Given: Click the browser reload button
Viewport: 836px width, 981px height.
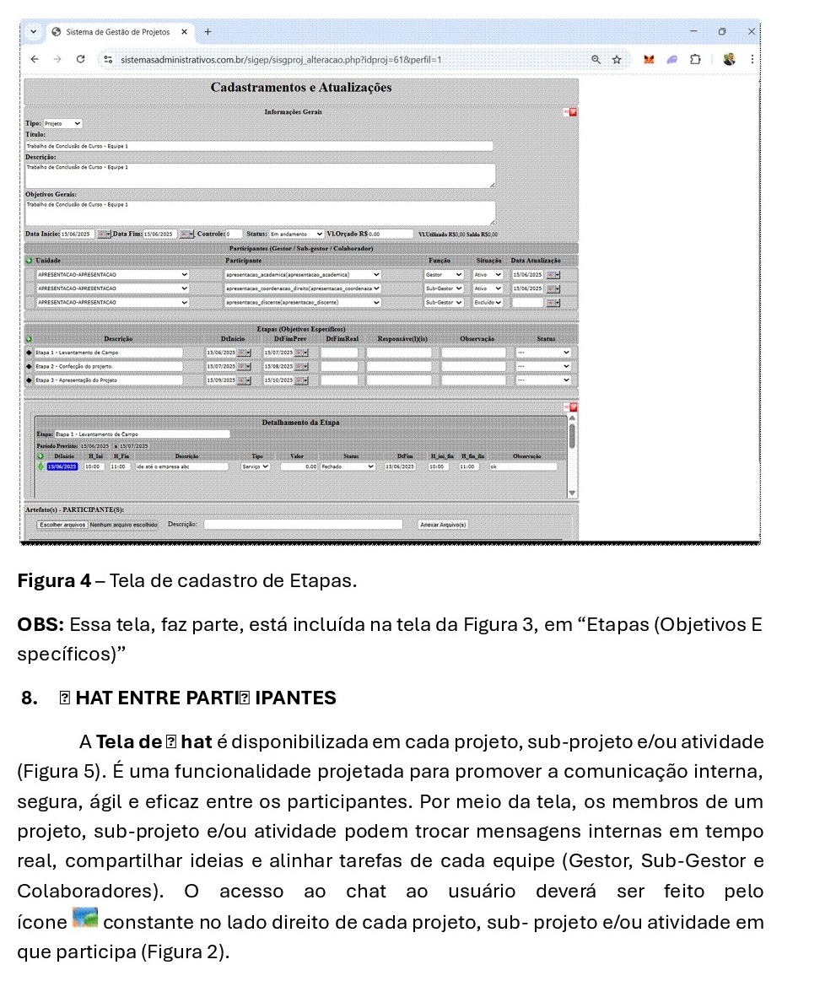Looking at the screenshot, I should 80,59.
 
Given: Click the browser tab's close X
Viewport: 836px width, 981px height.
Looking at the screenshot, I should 184,32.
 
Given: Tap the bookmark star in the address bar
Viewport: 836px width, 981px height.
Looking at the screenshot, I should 617,59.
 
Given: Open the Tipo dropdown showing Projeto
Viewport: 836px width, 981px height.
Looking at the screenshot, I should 62,123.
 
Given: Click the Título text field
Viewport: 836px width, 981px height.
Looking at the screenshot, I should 259,146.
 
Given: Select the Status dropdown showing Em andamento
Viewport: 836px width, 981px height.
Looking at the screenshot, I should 296,234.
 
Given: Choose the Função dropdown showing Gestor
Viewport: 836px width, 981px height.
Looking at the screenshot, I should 444,274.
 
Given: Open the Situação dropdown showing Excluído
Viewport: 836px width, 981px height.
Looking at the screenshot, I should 488,302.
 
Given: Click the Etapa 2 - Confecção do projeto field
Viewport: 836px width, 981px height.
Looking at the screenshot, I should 108,367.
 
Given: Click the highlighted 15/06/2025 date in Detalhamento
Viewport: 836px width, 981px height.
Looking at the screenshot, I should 62,466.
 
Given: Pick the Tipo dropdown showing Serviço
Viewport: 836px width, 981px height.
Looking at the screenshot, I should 256,466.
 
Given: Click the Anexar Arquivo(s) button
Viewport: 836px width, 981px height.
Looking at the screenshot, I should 443,524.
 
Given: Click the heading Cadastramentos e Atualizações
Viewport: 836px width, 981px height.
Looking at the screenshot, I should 300,88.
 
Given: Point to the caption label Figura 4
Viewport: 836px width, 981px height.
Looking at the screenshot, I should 54,581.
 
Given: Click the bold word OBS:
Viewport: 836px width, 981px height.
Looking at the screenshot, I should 40,625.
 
